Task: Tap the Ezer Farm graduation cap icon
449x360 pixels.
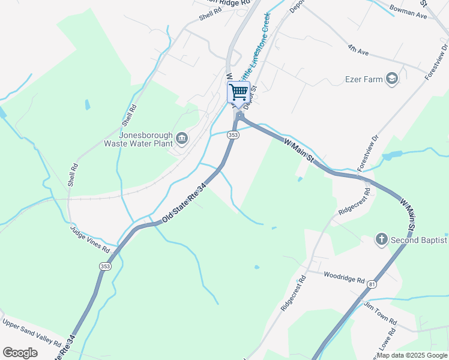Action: (392, 79)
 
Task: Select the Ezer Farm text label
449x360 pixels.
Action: (364, 79)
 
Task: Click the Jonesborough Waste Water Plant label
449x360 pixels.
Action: (139, 139)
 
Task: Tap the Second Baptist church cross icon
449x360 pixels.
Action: (381, 240)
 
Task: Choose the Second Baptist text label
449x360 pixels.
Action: (419, 240)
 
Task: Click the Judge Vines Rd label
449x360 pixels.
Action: (90, 238)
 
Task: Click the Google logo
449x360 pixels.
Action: (20, 353)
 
